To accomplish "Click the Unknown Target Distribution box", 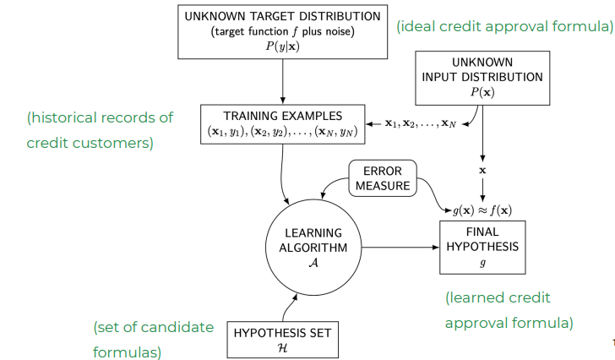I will (x=282, y=32).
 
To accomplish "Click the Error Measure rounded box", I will (x=384, y=178).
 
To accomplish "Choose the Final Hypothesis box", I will (x=482, y=246).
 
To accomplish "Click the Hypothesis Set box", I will (x=282, y=339).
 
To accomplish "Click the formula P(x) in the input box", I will (x=482, y=92).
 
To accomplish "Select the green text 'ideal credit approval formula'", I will (x=505, y=26).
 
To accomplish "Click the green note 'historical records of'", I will (x=100, y=118).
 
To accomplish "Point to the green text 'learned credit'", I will (x=498, y=297).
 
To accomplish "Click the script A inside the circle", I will (x=313, y=263).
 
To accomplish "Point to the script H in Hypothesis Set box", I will (x=282, y=347).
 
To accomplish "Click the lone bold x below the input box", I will (x=482, y=170).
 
